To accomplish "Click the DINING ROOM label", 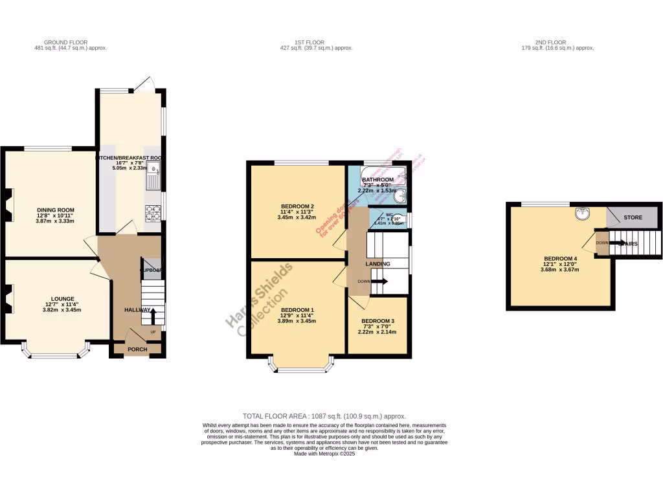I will [55, 210].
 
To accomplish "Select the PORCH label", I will [137, 349].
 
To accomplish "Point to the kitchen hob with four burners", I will [153, 212].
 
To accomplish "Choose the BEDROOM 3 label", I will [377, 321].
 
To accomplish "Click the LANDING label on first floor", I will [377, 264].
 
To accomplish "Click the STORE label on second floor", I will [633, 217].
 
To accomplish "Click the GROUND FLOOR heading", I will [70, 42].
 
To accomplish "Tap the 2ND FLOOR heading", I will [557, 42].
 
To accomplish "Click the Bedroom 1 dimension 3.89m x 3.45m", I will [298, 321].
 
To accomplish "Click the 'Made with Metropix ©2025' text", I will [324, 454].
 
